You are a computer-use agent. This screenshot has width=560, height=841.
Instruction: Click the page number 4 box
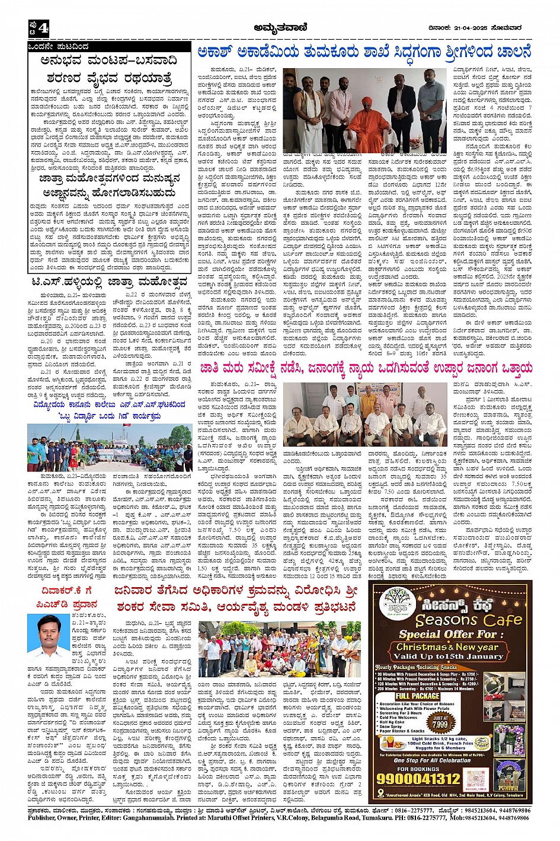point(39,27)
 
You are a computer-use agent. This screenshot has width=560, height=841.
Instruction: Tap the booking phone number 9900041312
point(427,778)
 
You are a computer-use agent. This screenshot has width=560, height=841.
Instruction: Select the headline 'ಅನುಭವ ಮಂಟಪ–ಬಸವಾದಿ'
point(107,60)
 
